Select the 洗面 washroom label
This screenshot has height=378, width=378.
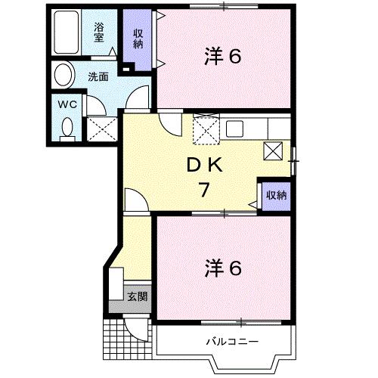point(97,76)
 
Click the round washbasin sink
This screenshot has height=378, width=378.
point(64,76)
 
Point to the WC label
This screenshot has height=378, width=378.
point(66,105)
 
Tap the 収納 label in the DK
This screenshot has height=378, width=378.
point(276,196)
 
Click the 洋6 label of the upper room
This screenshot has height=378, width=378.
point(223,57)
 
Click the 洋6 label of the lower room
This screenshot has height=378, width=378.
point(223,268)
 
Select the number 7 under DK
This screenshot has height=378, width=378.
point(204,190)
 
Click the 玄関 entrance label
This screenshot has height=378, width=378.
point(136,296)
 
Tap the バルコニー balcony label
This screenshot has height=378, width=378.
point(233,342)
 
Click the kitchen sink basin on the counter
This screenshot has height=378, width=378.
point(234,127)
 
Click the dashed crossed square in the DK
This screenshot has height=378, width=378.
point(205,130)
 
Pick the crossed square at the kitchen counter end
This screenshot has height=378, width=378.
point(273,150)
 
